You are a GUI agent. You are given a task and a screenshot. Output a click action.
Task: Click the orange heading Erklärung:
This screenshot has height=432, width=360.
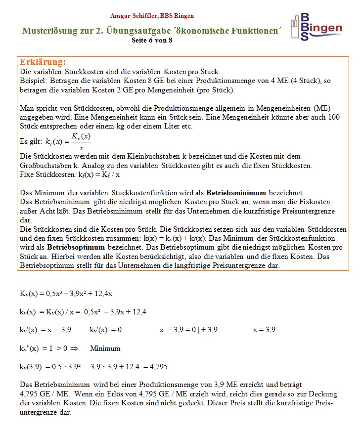pyautogui.click(x=43, y=62)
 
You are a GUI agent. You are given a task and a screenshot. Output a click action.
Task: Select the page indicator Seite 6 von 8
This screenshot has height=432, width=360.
pyautogui.click(x=152, y=41)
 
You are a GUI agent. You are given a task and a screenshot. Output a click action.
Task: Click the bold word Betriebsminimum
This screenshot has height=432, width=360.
pyautogui.click(x=236, y=193)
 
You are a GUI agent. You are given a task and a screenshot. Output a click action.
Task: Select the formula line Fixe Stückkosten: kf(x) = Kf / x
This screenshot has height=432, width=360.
pyautogui.click(x=70, y=174)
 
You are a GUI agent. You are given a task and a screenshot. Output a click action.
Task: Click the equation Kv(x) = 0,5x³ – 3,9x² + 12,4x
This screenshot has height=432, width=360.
pyautogui.click(x=66, y=294)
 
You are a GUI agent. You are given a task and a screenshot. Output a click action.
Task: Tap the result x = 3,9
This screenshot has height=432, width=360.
pyautogui.click(x=264, y=330)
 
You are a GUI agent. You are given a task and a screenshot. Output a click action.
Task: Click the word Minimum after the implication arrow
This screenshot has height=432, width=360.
pyautogui.click(x=105, y=348)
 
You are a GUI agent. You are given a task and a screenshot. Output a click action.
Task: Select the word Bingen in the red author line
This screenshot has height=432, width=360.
pyautogui.click(x=183, y=16)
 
